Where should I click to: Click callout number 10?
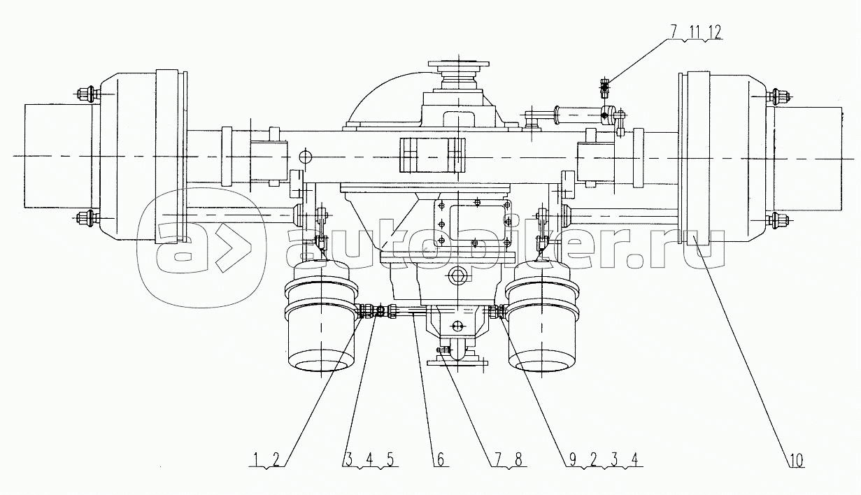797,460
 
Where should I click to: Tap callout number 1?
257,460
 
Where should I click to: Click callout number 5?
390,460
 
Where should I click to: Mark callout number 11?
696,32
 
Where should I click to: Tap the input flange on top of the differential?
458,66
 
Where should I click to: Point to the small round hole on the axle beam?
305,155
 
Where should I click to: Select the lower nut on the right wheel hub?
777,221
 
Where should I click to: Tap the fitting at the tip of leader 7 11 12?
605,87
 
